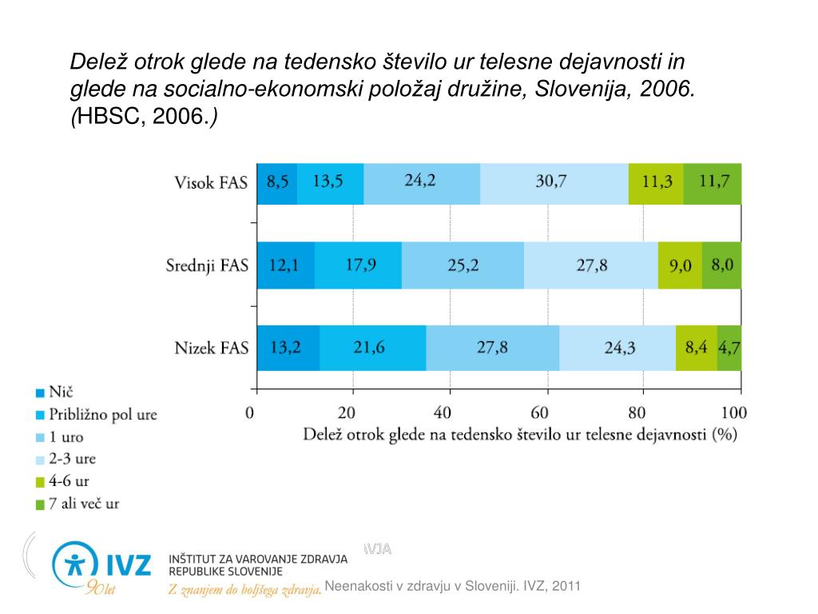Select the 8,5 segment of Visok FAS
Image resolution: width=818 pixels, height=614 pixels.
pyautogui.click(x=277, y=183)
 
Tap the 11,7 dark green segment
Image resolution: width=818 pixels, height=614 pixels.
pyautogui.click(x=713, y=183)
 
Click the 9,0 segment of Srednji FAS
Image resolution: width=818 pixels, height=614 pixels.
pyautogui.click(x=680, y=265)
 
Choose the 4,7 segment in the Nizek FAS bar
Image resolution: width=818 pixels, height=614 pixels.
pyautogui.click(x=729, y=348)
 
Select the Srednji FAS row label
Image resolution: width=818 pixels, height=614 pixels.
pyautogui.click(x=207, y=265)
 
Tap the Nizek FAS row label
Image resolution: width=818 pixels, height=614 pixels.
pyautogui.click(x=212, y=349)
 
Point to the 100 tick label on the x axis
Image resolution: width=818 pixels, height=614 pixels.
pyautogui.click(x=733, y=413)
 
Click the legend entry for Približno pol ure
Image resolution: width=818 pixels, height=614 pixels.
pyautogui.click(x=102, y=415)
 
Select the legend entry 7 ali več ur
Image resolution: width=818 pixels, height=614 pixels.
pyautogui.click(x=84, y=504)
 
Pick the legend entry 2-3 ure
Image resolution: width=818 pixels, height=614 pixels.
pyautogui.click(x=73, y=460)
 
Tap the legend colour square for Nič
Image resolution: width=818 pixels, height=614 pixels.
pyautogui.click(x=39, y=393)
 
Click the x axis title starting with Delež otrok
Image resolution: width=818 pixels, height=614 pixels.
pyautogui.click(x=519, y=435)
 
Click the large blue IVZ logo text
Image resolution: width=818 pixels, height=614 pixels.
pyautogui.click(x=124, y=564)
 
